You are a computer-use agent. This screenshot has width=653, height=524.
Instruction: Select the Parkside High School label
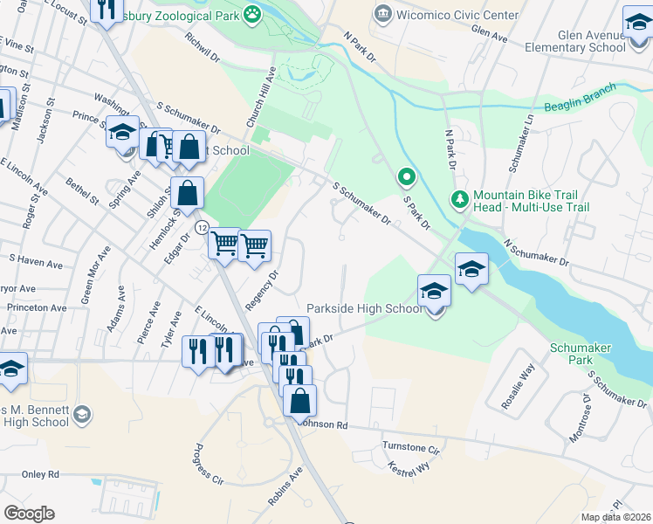tap(364, 308)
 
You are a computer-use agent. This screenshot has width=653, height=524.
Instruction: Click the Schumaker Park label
tap(581, 353)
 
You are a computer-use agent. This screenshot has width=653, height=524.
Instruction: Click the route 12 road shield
tap(202, 227)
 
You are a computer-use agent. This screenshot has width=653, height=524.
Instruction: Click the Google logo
tap(29, 514)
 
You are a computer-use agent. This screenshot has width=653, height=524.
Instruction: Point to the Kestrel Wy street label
tap(409, 467)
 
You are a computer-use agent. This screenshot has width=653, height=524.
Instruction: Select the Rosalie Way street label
tap(526, 382)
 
